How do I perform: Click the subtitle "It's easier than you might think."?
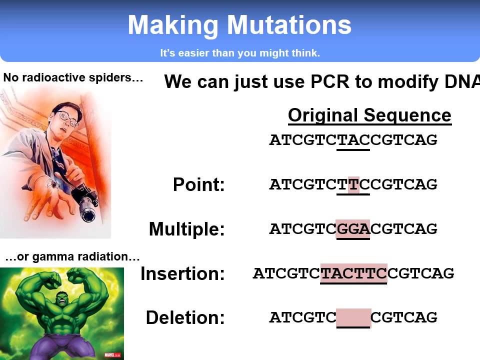(240, 53)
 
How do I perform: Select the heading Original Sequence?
(369, 115)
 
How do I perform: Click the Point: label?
(199, 185)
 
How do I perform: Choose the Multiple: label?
(187, 229)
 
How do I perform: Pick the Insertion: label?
(182, 274)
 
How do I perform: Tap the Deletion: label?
(185, 318)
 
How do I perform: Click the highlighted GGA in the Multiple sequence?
(353, 229)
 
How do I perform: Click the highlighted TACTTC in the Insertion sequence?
(353, 273)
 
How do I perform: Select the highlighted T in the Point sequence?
(353, 184)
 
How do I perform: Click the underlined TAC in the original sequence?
(353, 140)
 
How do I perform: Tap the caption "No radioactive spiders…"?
(73, 78)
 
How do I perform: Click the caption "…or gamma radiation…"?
(72, 257)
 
